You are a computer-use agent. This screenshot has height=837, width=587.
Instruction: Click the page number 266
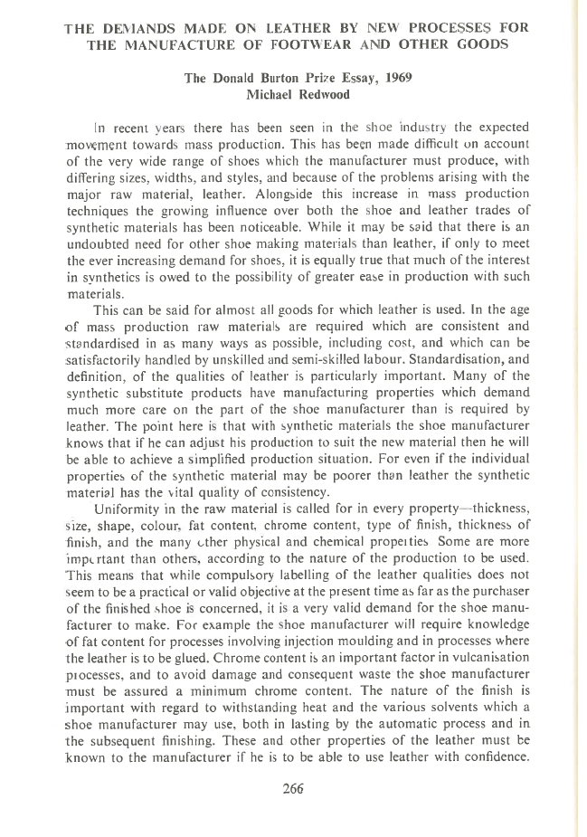292,787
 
